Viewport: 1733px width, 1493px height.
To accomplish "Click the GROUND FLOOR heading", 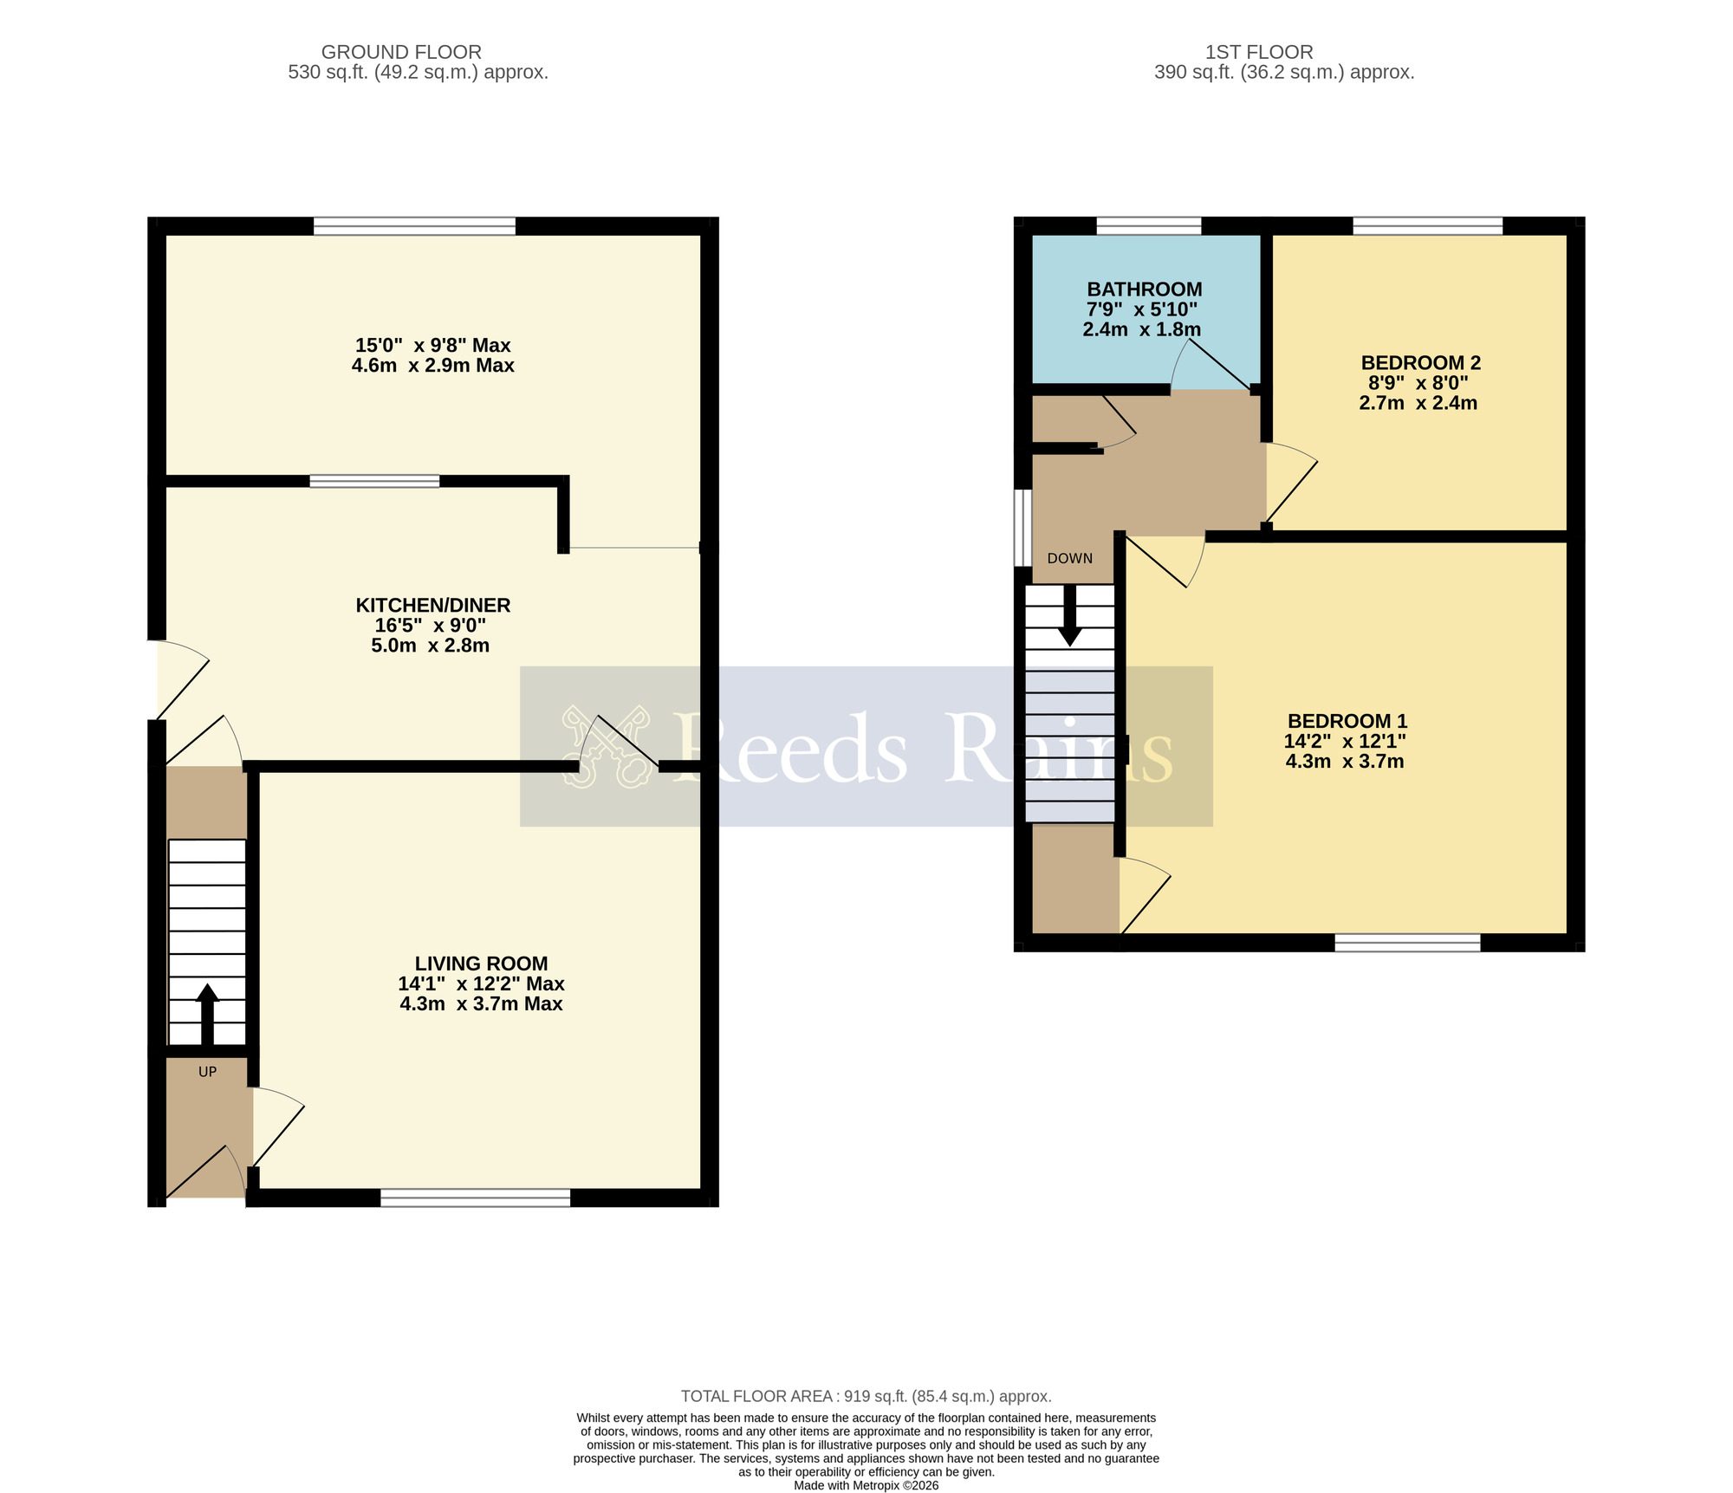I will click(x=401, y=52).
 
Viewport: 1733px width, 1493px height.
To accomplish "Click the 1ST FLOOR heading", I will click(x=1259, y=52).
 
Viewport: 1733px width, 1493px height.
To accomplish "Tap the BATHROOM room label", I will click(x=1144, y=289).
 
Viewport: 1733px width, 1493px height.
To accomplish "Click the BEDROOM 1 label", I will click(x=1347, y=721).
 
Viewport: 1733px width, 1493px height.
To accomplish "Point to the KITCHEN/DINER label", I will click(x=432, y=605).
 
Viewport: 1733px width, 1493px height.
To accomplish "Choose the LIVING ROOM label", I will click(x=481, y=964).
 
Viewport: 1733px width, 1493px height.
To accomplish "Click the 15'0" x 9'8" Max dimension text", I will click(x=432, y=345).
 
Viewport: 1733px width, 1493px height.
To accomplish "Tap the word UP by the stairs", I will click(x=207, y=1072).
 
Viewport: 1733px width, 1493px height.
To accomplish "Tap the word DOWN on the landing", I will click(x=1069, y=558).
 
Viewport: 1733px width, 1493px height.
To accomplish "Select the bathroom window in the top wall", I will click(x=1148, y=226).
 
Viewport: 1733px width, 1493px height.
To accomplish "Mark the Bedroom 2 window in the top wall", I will click(x=1427, y=226).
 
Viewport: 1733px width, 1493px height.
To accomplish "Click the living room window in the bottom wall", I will click(x=475, y=1198).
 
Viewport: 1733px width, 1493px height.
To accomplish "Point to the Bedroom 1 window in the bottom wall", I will click(x=1407, y=943).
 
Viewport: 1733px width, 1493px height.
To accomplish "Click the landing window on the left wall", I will click(x=1023, y=528).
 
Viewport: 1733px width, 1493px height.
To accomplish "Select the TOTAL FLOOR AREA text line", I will click(x=866, y=1396).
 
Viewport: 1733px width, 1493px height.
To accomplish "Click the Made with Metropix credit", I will click(x=866, y=1485).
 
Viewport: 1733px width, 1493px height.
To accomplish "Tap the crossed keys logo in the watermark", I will click(x=605, y=746).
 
